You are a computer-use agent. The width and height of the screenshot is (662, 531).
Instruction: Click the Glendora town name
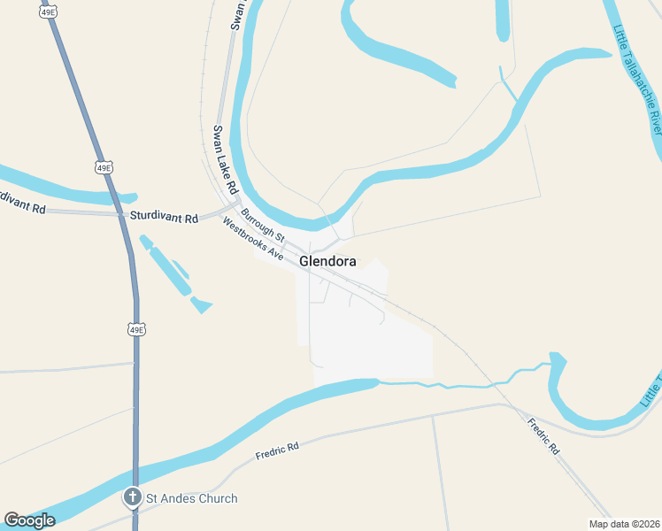[328, 262]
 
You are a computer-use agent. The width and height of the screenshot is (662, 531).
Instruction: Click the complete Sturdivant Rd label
[164, 216]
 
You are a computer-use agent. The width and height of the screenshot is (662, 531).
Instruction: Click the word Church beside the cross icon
[219, 498]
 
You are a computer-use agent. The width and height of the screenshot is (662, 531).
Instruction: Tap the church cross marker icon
[133, 498]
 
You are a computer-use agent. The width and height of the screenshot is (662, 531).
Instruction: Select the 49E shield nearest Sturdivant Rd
[104, 167]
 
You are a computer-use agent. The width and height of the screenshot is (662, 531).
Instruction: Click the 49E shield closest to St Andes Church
[135, 329]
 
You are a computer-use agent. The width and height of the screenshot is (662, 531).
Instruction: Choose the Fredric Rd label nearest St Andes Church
[277, 450]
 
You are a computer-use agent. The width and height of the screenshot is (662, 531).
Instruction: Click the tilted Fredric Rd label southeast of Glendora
[543, 436]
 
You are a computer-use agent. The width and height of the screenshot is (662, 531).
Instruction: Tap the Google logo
[29, 519]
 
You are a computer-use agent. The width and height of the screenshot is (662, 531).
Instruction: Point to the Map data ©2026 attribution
[624, 524]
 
